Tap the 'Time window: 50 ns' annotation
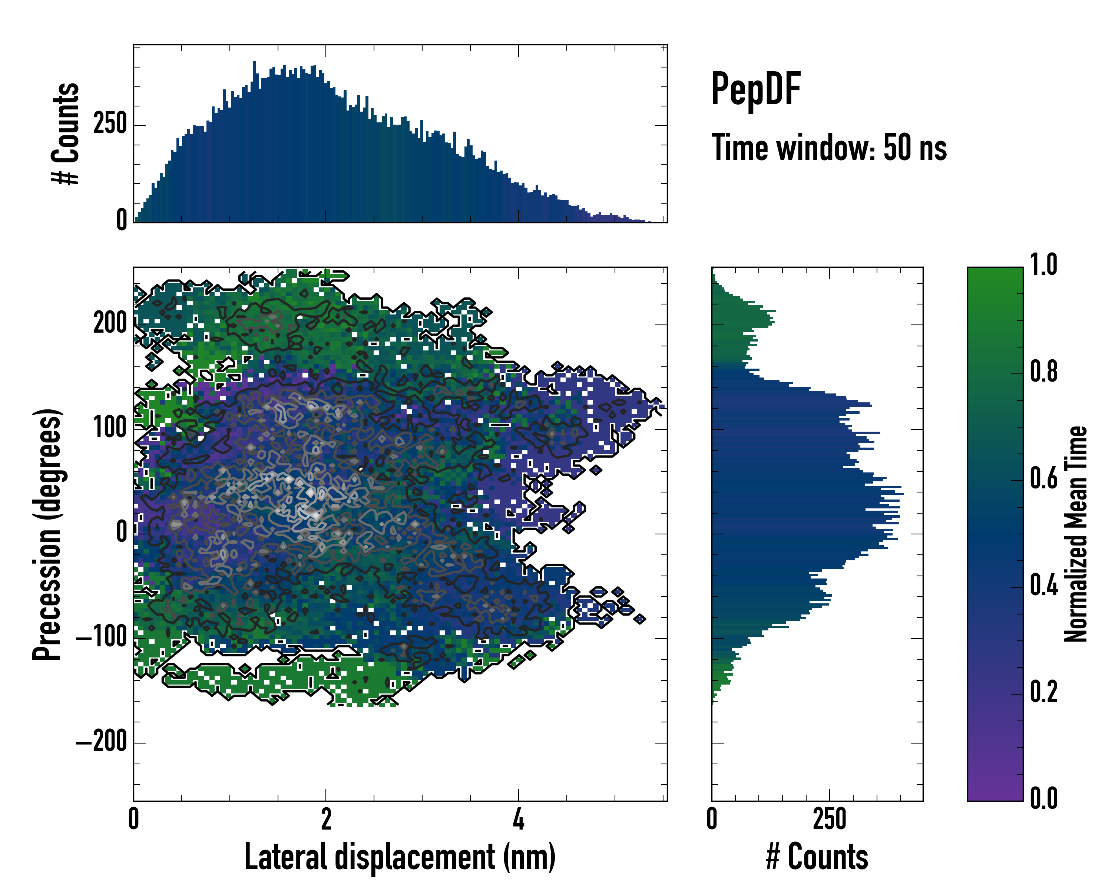[829, 148]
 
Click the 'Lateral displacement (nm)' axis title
[400, 857]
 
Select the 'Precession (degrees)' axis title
[47, 534]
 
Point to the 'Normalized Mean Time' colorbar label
[1076, 534]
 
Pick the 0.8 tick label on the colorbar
[1043, 372]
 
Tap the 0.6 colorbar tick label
[1043, 479]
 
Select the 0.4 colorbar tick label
[1043, 586]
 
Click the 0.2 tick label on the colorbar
[1043, 692]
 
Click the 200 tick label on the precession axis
[110, 323]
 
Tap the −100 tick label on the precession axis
[102, 638]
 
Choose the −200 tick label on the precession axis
[102, 742]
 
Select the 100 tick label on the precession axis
[110, 428]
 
